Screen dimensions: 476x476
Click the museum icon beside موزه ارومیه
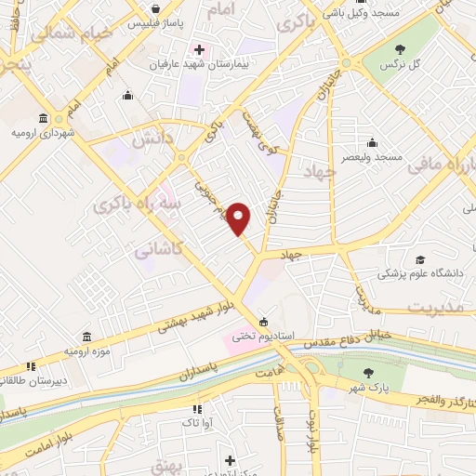click(86, 337)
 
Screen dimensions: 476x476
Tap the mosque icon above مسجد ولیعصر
click(372, 142)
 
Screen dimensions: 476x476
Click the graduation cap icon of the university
click(419, 259)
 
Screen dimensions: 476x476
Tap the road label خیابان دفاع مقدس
click(342, 334)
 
